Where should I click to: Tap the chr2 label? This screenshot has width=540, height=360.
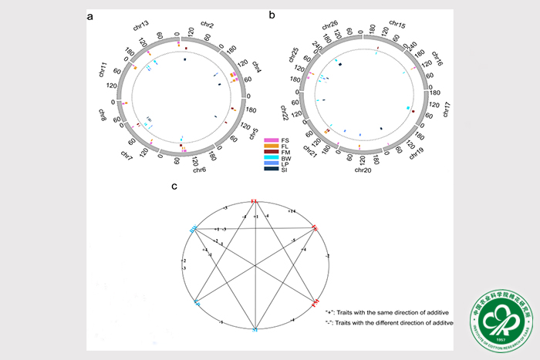point(205,24)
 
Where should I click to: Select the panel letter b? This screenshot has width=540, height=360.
point(271,14)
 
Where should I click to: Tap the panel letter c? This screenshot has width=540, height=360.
point(174,186)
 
